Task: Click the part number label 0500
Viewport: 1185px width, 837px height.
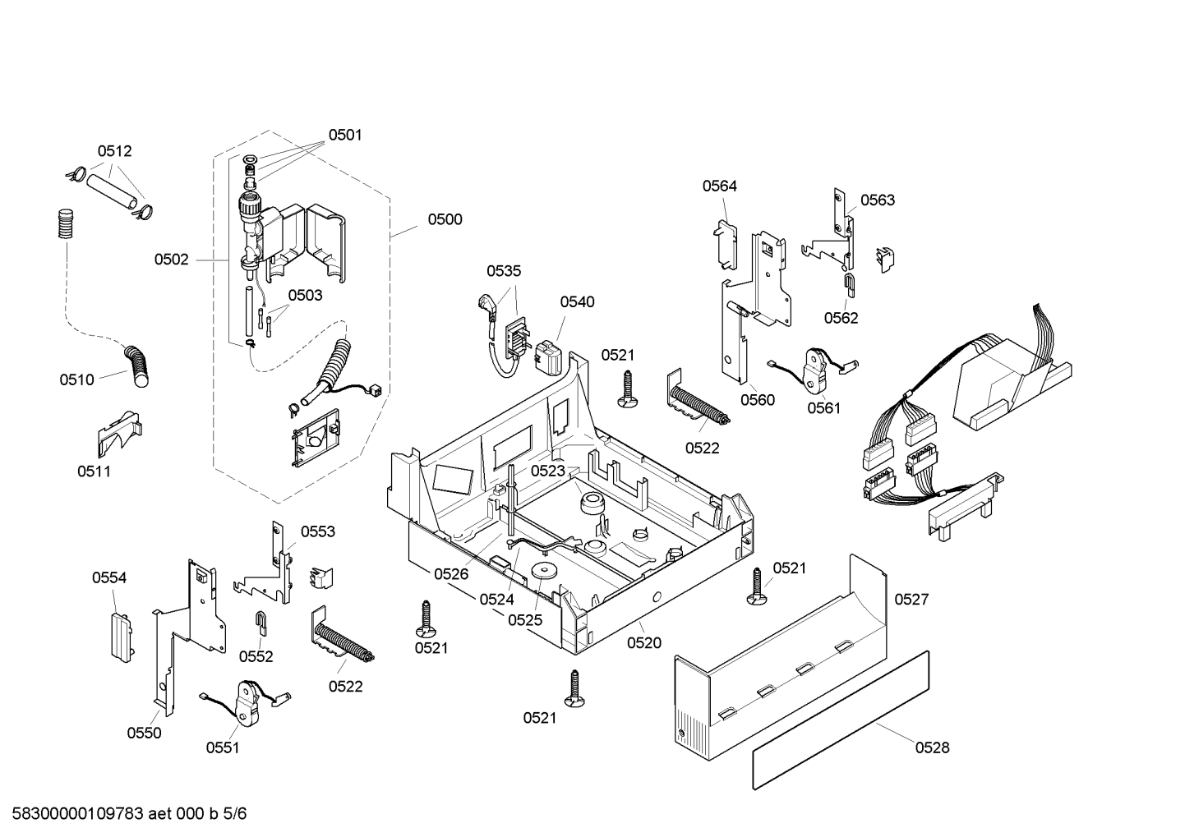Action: (x=445, y=219)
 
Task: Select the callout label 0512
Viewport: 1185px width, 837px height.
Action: (x=114, y=151)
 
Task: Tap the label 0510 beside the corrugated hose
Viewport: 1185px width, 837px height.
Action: (x=76, y=379)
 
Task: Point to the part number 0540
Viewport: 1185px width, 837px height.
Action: (x=577, y=302)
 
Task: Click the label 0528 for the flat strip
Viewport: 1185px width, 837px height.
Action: (x=932, y=747)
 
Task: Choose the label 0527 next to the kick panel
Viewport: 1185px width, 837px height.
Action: (x=911, y=600)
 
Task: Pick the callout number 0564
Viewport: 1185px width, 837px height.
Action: (x=719, y=186)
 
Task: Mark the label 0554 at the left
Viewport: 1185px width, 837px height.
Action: (x=108, y=578)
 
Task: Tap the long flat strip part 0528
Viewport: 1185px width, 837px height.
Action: (x=841, y=720)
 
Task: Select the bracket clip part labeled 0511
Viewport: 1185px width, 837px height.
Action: (x=118, y=433)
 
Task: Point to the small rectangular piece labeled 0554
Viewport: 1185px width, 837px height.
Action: (x=120, y=635)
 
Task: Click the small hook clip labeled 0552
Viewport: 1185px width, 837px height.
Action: (x=260, y=623)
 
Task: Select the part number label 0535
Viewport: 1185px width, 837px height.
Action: (x=504, y=271)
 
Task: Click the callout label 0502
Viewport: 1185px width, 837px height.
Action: (x=171, y=260)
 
